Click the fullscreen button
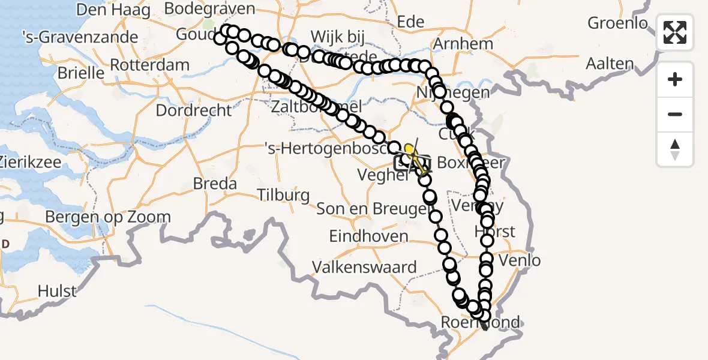point(675,32)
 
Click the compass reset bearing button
point(675,149)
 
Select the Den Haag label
point(106,9)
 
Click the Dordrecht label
point(193,110)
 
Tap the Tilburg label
point(283,195)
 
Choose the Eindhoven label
point(368,236)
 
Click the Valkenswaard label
point(364,267)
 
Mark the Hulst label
point(57,292)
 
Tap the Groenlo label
point(618,23)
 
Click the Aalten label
point(610,64)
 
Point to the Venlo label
point(520,260)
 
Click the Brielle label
point(82,73)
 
